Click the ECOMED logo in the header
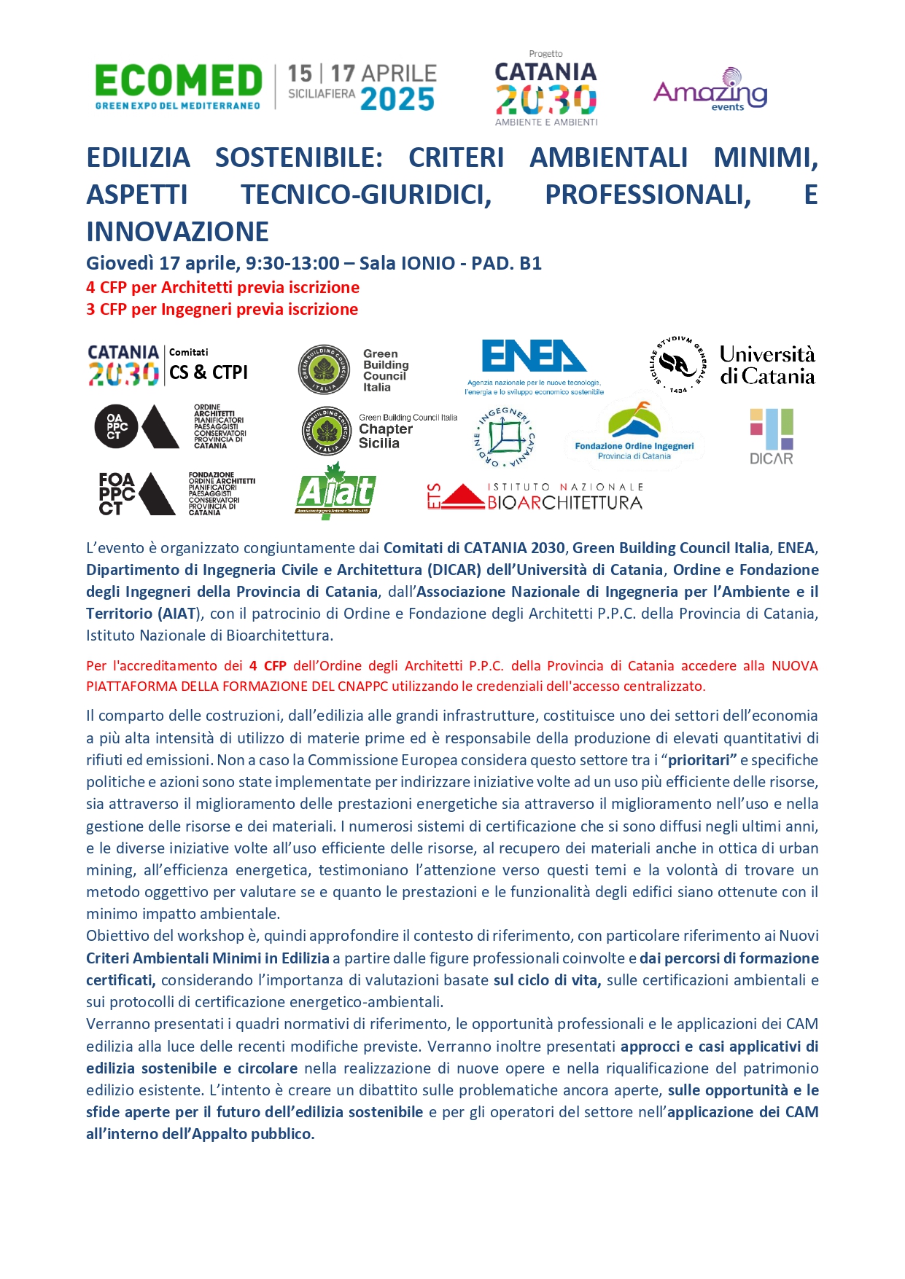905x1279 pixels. click(x=178, y=86)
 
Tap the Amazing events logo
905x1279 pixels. click(x=710, y=90)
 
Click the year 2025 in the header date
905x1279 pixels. click(x=397, y=100)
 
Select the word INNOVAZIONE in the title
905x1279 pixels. click(x=178, y=232)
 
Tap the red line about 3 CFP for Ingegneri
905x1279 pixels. click(x=222, y=309)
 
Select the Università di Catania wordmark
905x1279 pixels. click(x=767, y=365)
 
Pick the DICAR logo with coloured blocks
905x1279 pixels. click(x=771, y=436)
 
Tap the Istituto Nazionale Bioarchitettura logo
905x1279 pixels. click(x=535, y=496)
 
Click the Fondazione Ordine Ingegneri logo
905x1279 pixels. click(x=634, y=433)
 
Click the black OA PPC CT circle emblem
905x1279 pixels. click(x=116, y=426)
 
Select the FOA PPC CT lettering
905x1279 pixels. click(x=117, y=493)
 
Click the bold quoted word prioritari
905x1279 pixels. click(x=702, y=760)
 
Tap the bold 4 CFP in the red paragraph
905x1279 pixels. click(x=268, y=665)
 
